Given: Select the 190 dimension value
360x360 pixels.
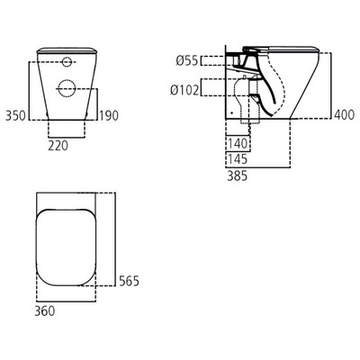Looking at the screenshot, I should pyautogui.click(x=108, y=116).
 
